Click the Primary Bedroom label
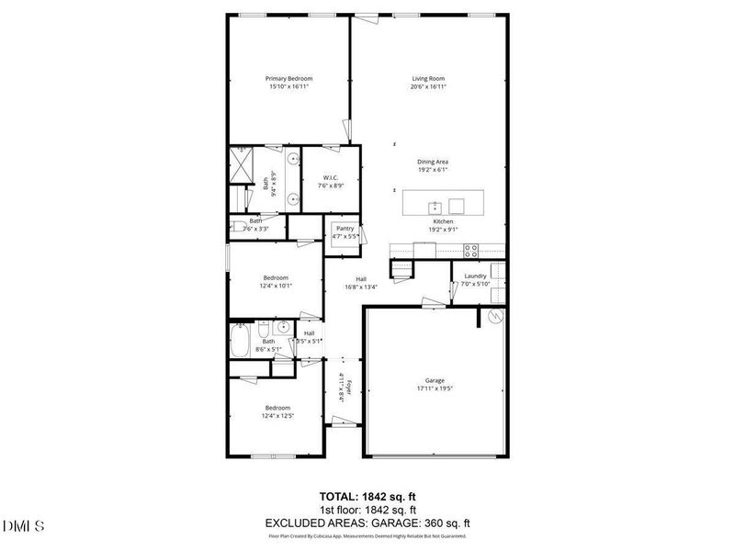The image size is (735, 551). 288,79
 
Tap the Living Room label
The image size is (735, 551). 428,79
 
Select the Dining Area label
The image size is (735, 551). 432,162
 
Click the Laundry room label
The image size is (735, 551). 475,276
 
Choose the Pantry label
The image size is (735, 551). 345,229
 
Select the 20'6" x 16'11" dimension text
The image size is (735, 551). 428,87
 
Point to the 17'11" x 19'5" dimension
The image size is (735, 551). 435,388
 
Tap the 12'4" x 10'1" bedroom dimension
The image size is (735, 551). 277,286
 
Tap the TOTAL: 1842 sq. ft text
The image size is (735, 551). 367,496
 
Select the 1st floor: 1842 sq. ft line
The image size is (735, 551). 367,509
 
